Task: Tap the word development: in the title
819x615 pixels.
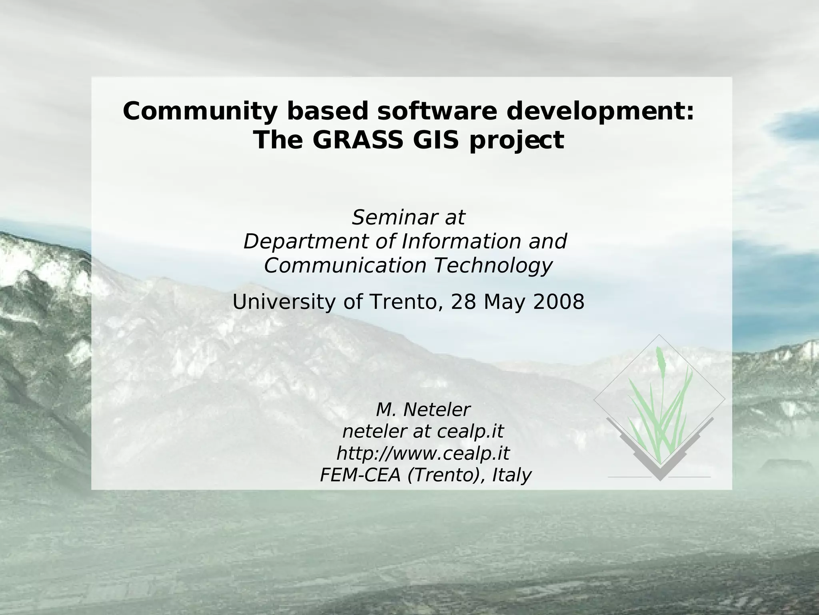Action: pos(600,112)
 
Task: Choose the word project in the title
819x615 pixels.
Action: pos(517,141)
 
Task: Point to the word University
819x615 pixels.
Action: pos(284,302)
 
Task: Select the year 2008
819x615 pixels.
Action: pos(559,302)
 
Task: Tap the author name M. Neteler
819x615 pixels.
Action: pos(423,410)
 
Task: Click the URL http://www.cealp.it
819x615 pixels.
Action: pos(423,454)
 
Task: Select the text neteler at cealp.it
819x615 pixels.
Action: pos(423,432)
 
